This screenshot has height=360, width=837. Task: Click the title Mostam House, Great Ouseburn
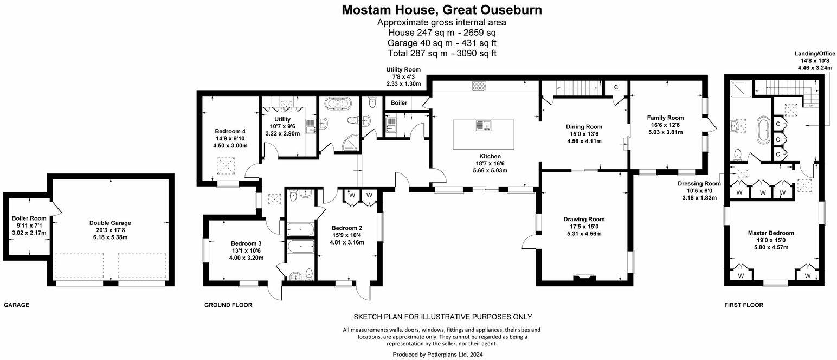click(442, 10)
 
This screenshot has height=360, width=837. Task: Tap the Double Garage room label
click(110, 222)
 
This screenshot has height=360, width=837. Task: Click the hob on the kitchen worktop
click(479, 86)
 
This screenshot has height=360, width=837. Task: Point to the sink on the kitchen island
click(484, 126)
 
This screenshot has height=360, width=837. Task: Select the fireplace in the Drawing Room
click(583, 278)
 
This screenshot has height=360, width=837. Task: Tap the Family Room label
click(665, 118)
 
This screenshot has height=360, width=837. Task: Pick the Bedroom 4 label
click(231, 131)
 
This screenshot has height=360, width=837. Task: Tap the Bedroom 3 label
click(246, 243)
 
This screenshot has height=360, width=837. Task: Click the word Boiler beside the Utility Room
click(398, 102)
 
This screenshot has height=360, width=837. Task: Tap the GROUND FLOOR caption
click(228, 305)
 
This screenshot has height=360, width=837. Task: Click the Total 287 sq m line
click(442, 53)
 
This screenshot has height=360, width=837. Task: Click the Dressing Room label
click(699, 183)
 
